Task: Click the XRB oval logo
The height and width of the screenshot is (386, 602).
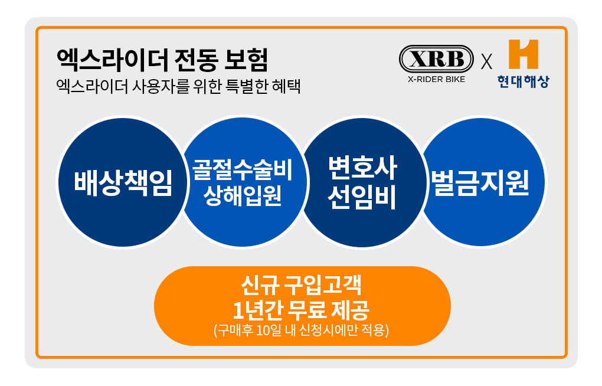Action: click(x=436, y=59)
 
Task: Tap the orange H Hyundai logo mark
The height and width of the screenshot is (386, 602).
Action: click(x=524, y=54)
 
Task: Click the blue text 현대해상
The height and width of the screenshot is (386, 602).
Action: click(x=523, y=81)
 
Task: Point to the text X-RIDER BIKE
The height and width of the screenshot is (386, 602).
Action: click(x=436, y=80)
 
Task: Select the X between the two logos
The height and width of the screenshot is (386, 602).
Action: click(x=486, y=62)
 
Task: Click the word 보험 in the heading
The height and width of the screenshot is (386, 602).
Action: click(x=246, y=60)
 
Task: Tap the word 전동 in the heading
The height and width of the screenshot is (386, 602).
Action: click(x=196, y=60)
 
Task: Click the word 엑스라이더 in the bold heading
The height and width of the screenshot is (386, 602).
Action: click(x=112, y=60)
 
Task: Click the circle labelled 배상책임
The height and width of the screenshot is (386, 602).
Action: click(x=123, y=182)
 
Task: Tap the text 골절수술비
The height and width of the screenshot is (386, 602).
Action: click(x=242, y=169)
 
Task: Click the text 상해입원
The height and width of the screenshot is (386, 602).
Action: click(x=242, y=195)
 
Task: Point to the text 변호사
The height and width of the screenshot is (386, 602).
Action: click(x=362, y=168)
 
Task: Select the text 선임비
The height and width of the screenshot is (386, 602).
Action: click(x=362, y=197)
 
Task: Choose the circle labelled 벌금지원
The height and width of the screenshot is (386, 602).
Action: click(x=480, y=182)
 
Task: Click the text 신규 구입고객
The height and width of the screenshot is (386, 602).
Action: click(x=302, y=284)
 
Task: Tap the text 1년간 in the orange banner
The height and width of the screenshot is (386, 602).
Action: click(x=258, y=310)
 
